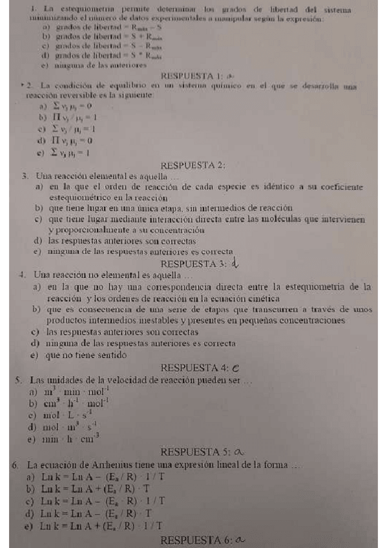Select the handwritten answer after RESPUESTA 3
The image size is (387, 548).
235,262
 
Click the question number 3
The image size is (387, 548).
24,175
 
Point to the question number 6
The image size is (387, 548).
14,464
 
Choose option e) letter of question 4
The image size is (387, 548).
33,355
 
